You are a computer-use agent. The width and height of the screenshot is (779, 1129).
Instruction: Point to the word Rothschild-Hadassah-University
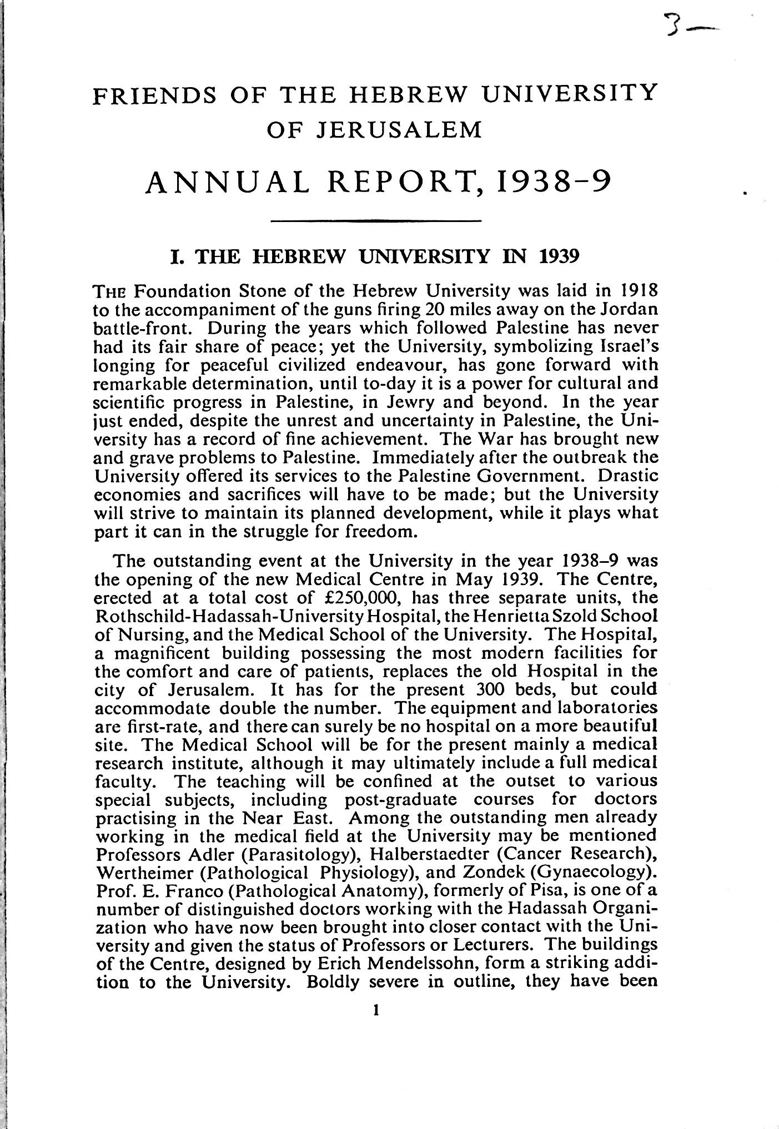230,616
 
